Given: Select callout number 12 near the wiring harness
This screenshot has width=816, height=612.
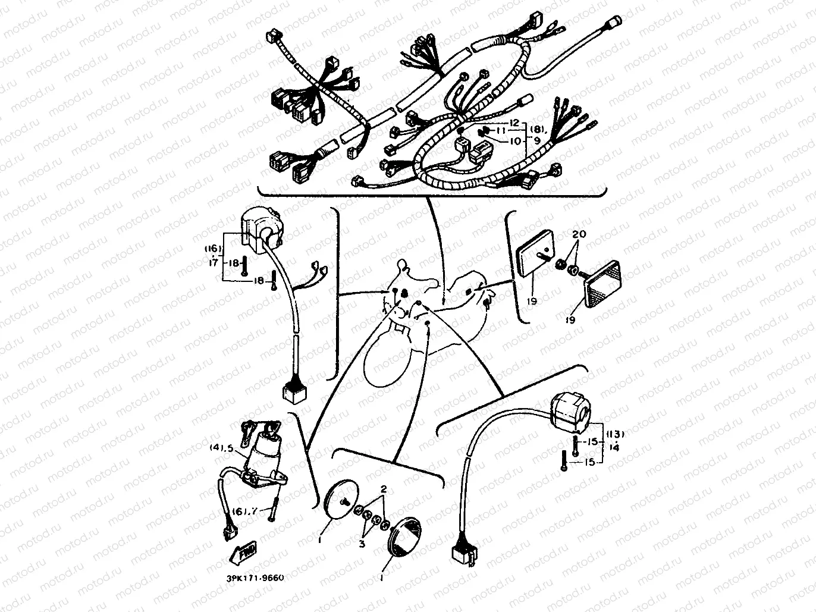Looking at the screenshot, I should pyautogui.click(x=514, y=123).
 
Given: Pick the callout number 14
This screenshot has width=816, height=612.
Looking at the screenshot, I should pyautogui.click(x=614, y=447).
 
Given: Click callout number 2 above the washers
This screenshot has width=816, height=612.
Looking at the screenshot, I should pyautogui.click(x=384, y=489).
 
